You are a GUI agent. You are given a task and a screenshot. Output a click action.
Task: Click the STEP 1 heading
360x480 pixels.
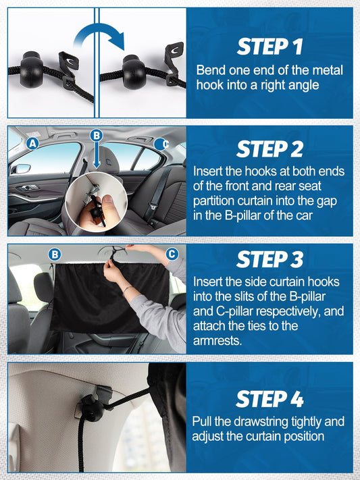point(270,46)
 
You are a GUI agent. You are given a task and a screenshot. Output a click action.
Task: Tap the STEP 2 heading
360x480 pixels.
point(270,149)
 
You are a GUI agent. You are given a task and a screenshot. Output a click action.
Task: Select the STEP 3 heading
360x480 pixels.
point(270,259)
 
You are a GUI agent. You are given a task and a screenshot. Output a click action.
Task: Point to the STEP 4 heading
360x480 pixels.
point(270,398)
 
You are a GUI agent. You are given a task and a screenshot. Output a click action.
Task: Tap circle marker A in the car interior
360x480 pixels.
point(32,143)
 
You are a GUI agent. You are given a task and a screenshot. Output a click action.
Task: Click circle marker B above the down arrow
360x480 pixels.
point(97,135)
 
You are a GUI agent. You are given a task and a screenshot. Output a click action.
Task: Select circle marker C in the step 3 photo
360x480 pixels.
point(172,254)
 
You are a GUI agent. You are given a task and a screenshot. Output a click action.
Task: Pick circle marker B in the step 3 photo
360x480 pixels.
point(55,255)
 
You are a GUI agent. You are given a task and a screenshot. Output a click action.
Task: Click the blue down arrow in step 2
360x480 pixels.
point(97,155)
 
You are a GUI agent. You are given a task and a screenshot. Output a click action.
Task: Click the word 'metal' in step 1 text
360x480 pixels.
point(328,70)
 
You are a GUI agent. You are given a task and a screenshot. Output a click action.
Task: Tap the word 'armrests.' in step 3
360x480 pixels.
point(217,340)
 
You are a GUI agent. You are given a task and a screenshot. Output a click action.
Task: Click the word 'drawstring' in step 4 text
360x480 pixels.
point(261,422)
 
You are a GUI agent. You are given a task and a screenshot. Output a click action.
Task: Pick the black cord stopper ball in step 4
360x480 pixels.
point(91,408)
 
